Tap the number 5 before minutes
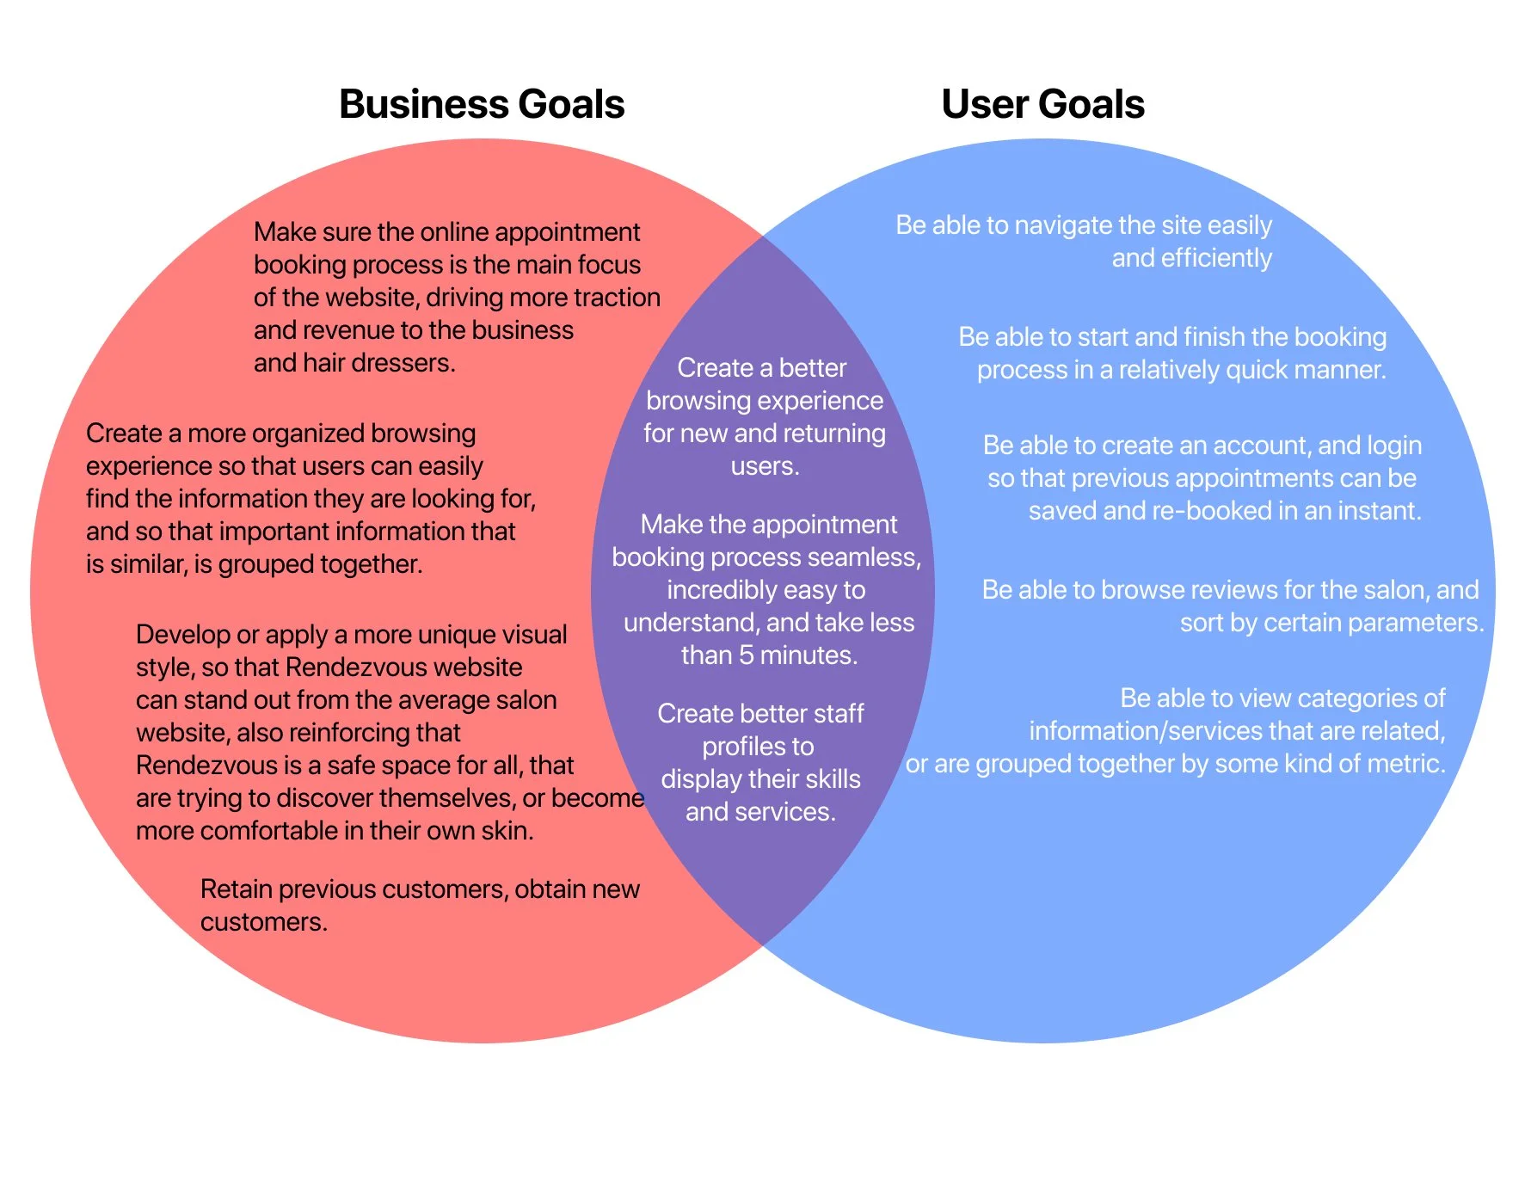click(x=746, y=655)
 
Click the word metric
click(x=1407, y=764)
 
